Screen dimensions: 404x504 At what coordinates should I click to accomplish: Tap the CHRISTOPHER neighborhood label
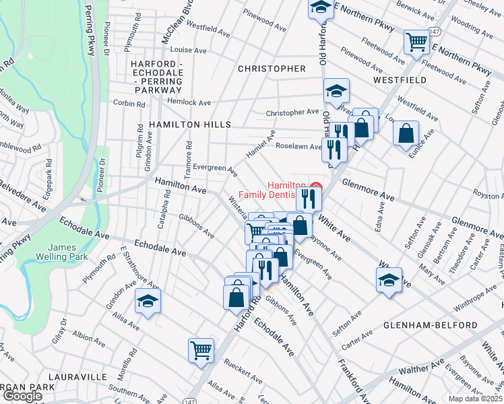coord(272,69)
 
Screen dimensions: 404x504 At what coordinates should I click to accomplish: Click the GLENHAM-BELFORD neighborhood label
coord(430,325)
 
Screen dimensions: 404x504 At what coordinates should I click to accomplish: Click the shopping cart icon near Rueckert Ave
coord(201,349)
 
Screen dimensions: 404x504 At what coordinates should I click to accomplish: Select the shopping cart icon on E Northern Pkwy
coord(416,42)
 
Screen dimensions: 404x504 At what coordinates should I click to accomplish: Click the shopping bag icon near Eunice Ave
coord(406,133)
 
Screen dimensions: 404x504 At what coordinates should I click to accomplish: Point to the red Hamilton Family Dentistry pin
coord(315,186)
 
